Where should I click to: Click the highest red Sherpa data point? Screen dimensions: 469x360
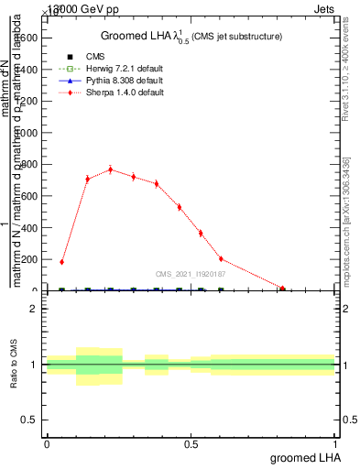[110, 169]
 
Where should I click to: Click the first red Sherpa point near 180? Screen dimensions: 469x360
[61, 262]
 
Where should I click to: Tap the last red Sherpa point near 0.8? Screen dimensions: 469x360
[282, 289]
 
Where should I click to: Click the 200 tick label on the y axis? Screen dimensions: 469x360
[29, 259]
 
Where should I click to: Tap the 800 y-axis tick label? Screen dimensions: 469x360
[29, 164]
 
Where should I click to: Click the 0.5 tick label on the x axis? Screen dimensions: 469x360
[191, 444]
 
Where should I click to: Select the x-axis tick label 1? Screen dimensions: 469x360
[336, 444]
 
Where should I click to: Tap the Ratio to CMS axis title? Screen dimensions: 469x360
[14, 365]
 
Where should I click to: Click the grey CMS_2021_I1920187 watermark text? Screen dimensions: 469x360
[191, 273]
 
